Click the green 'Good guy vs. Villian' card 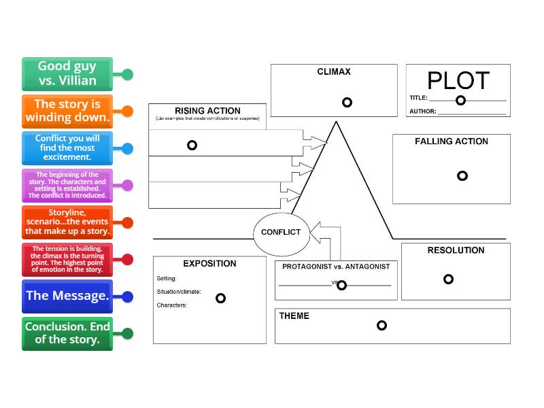coord(67,73)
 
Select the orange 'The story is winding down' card coord(67,111)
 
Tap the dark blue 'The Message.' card coord(67,296)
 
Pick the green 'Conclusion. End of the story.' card coord(67,333)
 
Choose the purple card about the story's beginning coord(67,185)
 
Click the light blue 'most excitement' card coord(67,148)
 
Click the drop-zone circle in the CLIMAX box coord(347,102)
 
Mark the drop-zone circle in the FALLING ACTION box coord(462,175)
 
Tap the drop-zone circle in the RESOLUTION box coord(448,279)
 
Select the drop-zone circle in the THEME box coord(381,325)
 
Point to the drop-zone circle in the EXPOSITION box coord(220,298)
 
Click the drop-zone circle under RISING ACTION coord(192,145)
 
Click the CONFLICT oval coord(281,232)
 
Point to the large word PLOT coord(458,81)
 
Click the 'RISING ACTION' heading coord(207,111)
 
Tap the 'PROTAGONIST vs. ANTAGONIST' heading coord(336,267)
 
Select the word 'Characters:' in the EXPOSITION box coord(171,305)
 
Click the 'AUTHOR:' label coord(422,112)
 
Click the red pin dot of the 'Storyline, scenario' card coord(126,222)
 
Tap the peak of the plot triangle coord(336,122)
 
